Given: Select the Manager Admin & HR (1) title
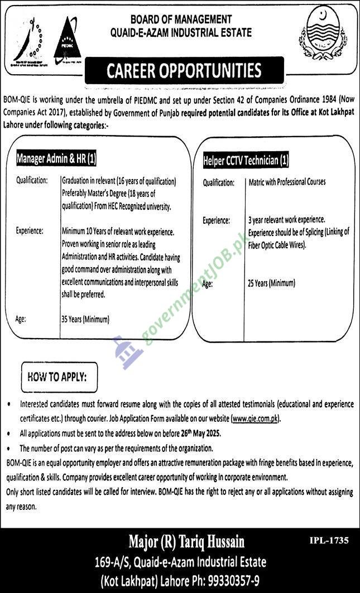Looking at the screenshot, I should pyautogui.click(x=56, y=159).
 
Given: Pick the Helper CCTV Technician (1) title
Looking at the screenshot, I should pyautogui.click(x=246, y=161).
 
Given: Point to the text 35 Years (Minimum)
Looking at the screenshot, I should pyautogui.click(x=85, y=320).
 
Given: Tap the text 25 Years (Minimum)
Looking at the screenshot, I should pyautogui.click(x=272, y=283).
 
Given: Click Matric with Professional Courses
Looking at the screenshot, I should pyautogui.click(x=286, y=182).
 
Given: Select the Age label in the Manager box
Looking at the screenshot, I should pyautogui.click(x=22, y=320).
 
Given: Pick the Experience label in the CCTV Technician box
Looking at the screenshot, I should pyautogui.click(x=217, y=220).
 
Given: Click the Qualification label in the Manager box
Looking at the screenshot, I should pyautogui.click(x=32, y=181).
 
